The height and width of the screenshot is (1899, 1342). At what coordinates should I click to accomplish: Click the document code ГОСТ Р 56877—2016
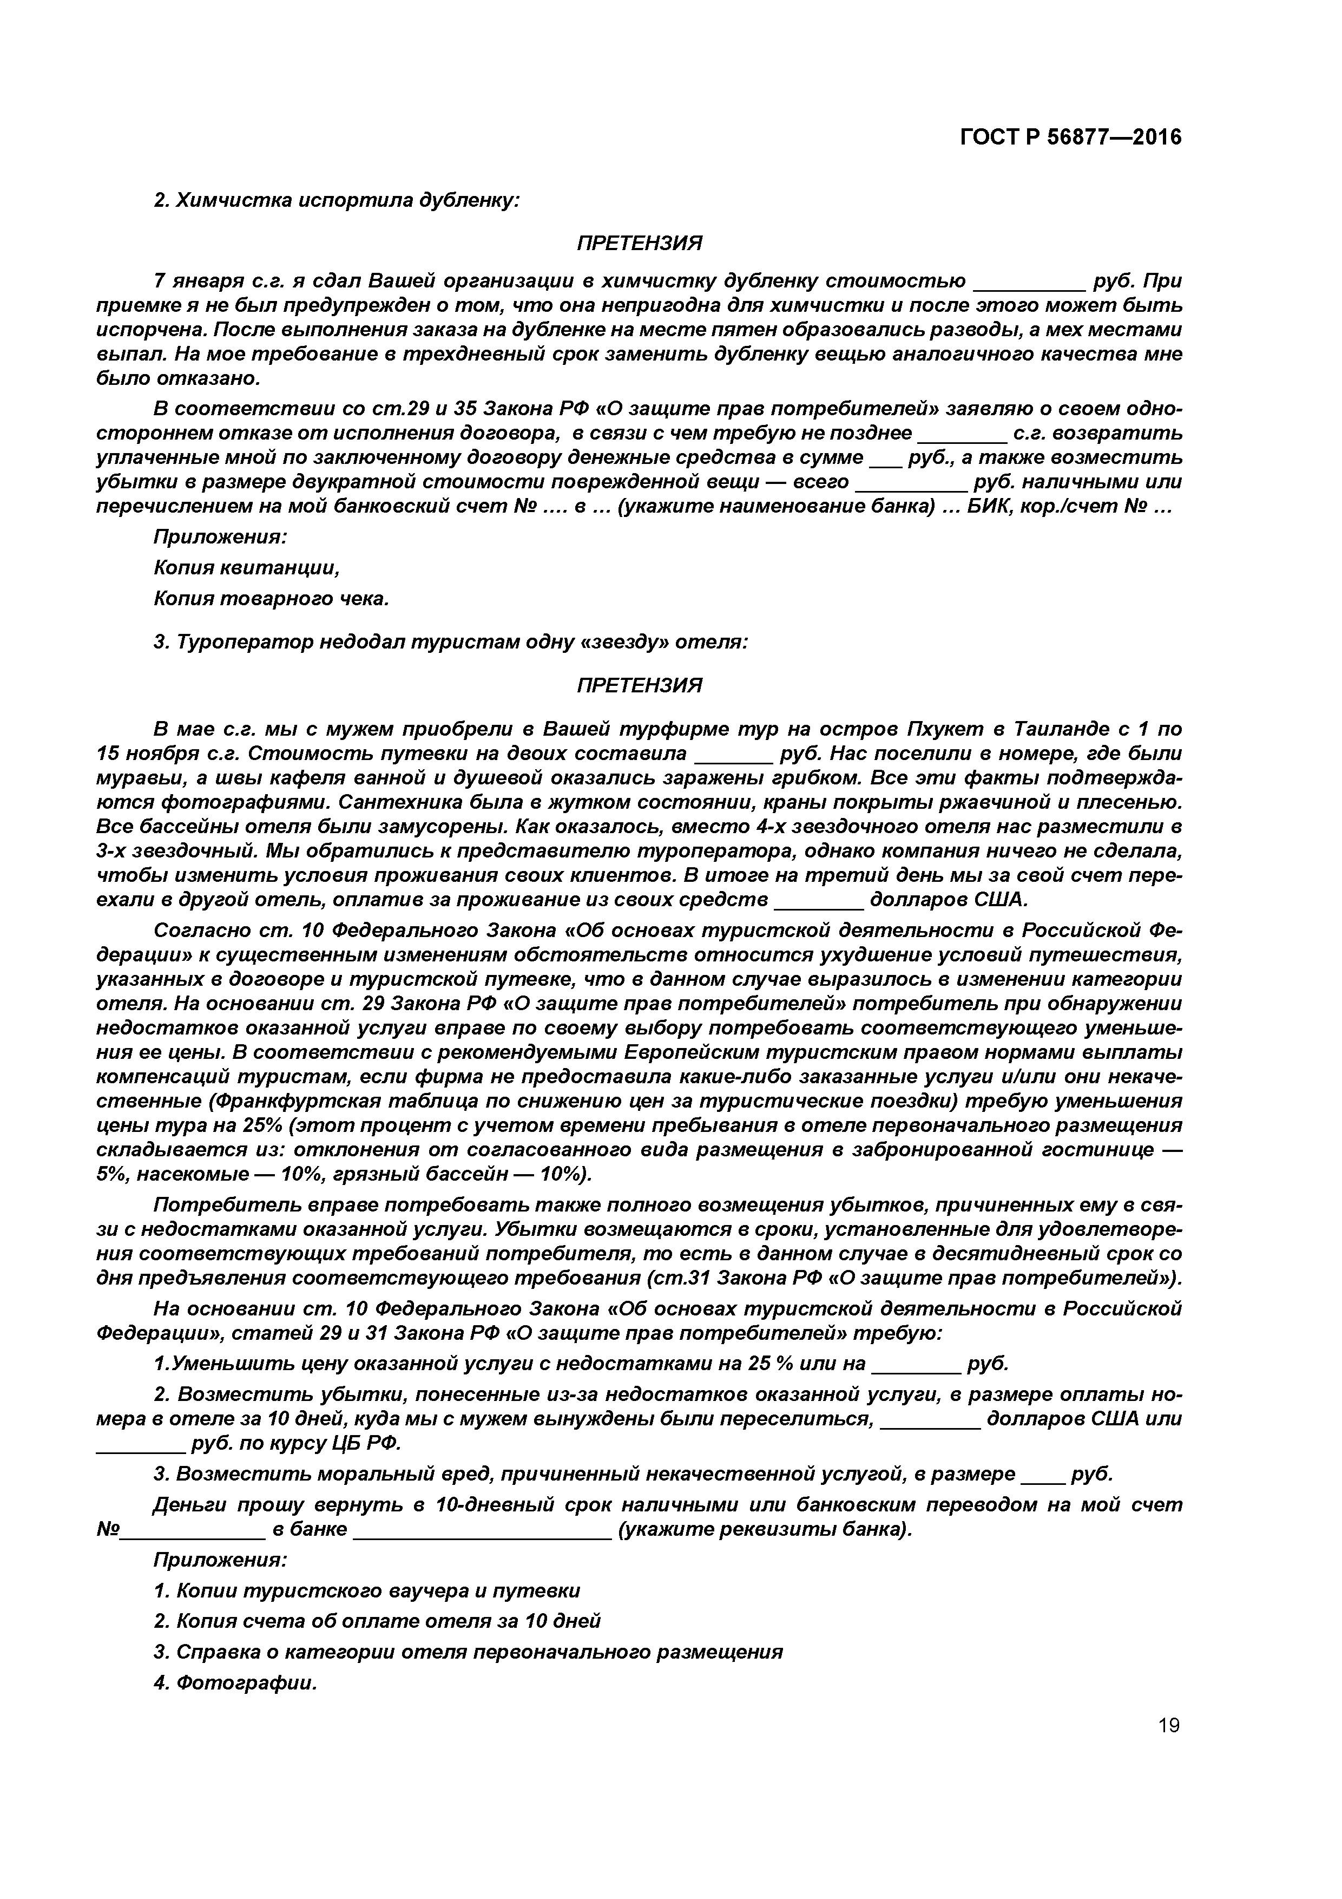(x=1071, y=137)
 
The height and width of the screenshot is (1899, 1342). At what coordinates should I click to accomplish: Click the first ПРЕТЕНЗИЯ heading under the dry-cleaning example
(x=639, y=243)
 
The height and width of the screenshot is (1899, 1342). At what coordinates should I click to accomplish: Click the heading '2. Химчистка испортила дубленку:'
(x=337, y=200)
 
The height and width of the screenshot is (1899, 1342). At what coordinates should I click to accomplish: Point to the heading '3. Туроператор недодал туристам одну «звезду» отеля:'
(x=451, y=642)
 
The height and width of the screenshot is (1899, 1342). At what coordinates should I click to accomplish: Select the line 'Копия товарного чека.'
(x=271, y=598)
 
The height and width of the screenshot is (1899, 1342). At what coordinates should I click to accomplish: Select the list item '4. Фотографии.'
(x=235, y=1682)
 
